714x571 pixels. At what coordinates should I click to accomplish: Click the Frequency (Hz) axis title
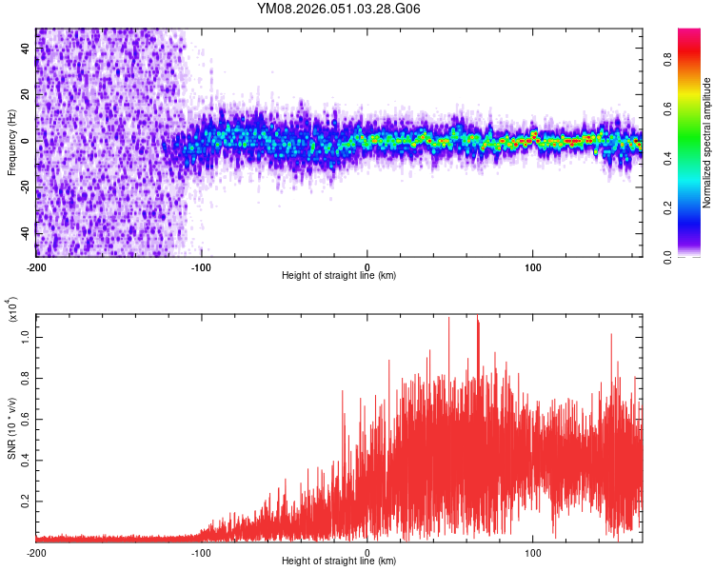pos(11,142)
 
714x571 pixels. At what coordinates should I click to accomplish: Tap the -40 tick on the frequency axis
pos(23,234)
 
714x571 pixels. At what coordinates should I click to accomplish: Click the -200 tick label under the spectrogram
pos(36,266)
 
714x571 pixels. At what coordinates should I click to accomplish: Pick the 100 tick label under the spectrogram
pos(533,266)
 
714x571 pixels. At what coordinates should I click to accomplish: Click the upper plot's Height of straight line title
pos(339,276)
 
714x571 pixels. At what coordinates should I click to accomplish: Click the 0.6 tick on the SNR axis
pos(25,419)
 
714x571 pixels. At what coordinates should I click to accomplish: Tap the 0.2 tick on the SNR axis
pos(25,500)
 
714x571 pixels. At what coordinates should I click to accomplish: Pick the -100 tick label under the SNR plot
pos(202,552)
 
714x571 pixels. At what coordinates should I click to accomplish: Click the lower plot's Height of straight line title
pos(339,561)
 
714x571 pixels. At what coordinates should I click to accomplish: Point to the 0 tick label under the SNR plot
pos(367,552)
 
